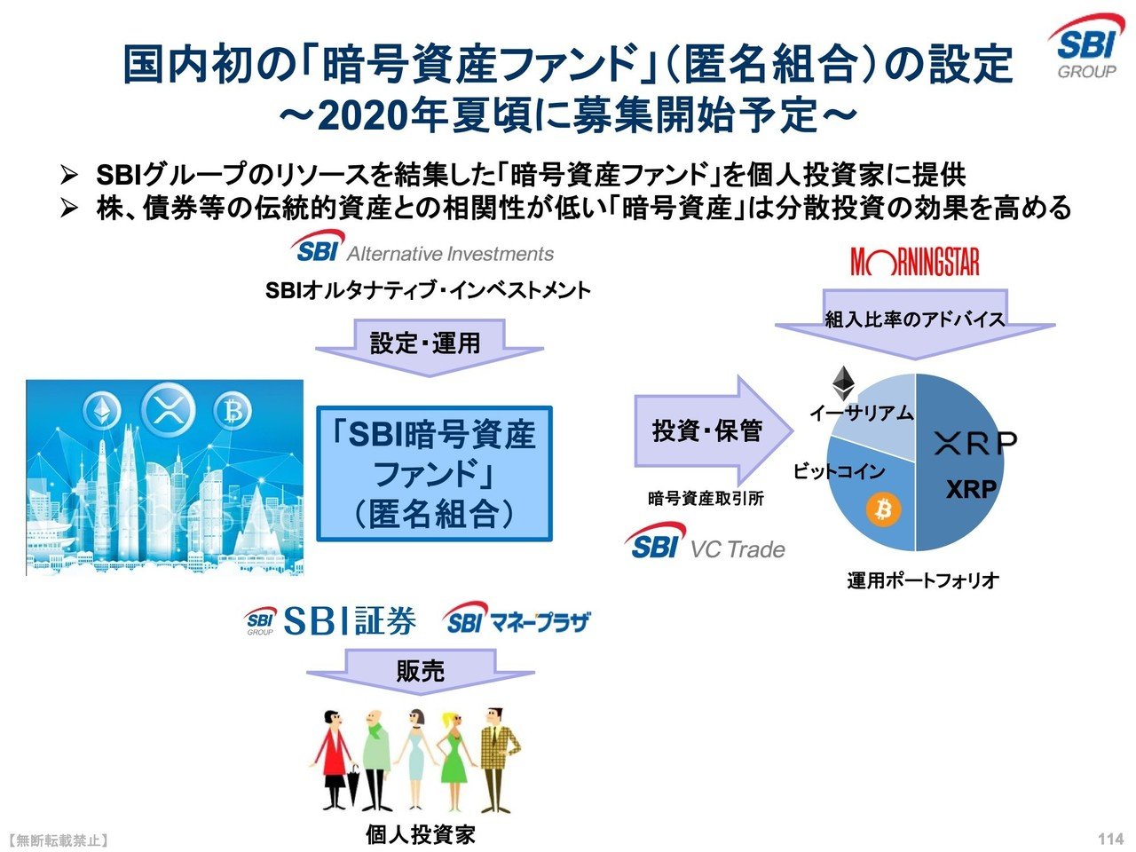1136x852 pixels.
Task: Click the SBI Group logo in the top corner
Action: coord(1085,48)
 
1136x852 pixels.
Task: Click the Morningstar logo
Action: coord(914,262)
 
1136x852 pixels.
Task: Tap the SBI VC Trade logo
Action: coord(706,543)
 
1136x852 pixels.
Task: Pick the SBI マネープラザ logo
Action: coord(517,621)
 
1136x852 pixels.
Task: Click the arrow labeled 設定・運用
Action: coord(426,346)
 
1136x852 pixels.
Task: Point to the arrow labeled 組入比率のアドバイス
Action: coord(914,321)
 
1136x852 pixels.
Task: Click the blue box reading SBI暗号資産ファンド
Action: coord(435,474)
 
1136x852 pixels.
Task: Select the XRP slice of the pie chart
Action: coord(963,470)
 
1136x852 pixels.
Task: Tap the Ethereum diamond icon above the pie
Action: coord(842,383)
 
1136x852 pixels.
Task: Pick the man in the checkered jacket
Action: coord(495,759)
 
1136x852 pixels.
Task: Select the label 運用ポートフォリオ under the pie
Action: coord(922,580)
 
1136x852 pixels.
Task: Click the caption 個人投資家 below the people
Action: coord(421,834)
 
